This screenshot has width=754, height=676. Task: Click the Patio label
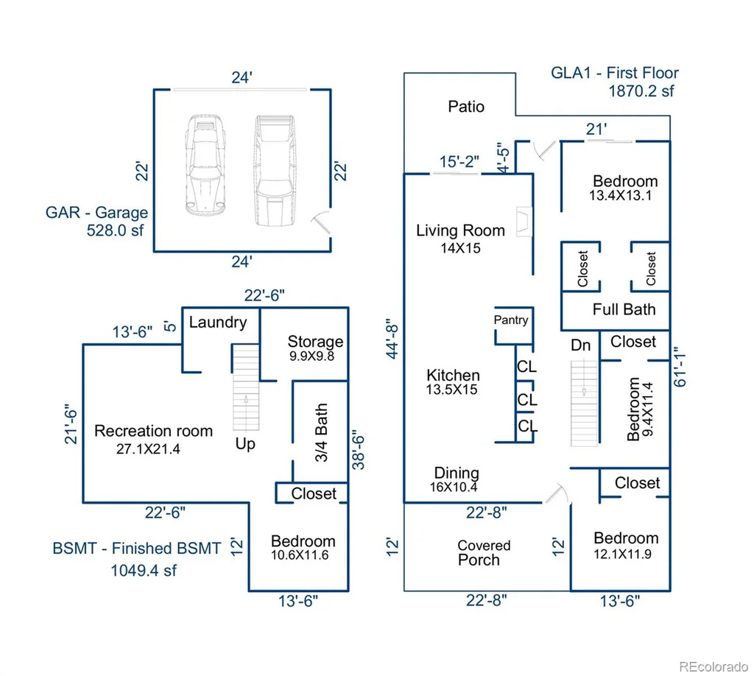pos(466,106)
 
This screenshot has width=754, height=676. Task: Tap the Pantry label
pos(511,320)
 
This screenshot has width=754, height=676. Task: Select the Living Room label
pos(460,230)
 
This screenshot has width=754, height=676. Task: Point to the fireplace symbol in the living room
pos(524,222)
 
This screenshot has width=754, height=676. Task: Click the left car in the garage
pos(205,165)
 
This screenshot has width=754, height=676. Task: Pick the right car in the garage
pos(275,170)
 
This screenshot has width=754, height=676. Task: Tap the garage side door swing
pos(321,222)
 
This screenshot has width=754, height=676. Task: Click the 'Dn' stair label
pos(580,345)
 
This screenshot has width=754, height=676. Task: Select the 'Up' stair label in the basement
pos(245,444)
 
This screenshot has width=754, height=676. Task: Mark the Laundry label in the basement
pos(218,322)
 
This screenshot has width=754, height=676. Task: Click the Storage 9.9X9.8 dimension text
pos(311,356)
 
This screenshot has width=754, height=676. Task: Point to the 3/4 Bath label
pos(321,432)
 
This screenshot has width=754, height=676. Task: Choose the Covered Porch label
pos(483,552)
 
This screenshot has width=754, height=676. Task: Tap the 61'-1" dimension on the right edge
pos(680,367)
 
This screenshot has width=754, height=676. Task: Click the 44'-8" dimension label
pos(392,339)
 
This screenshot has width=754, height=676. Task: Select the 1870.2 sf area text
pos(641,91)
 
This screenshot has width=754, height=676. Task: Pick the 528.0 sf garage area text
pos(115,230)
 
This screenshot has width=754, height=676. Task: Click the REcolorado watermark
pos(714,666)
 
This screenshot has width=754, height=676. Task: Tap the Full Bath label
pos(624,309)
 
